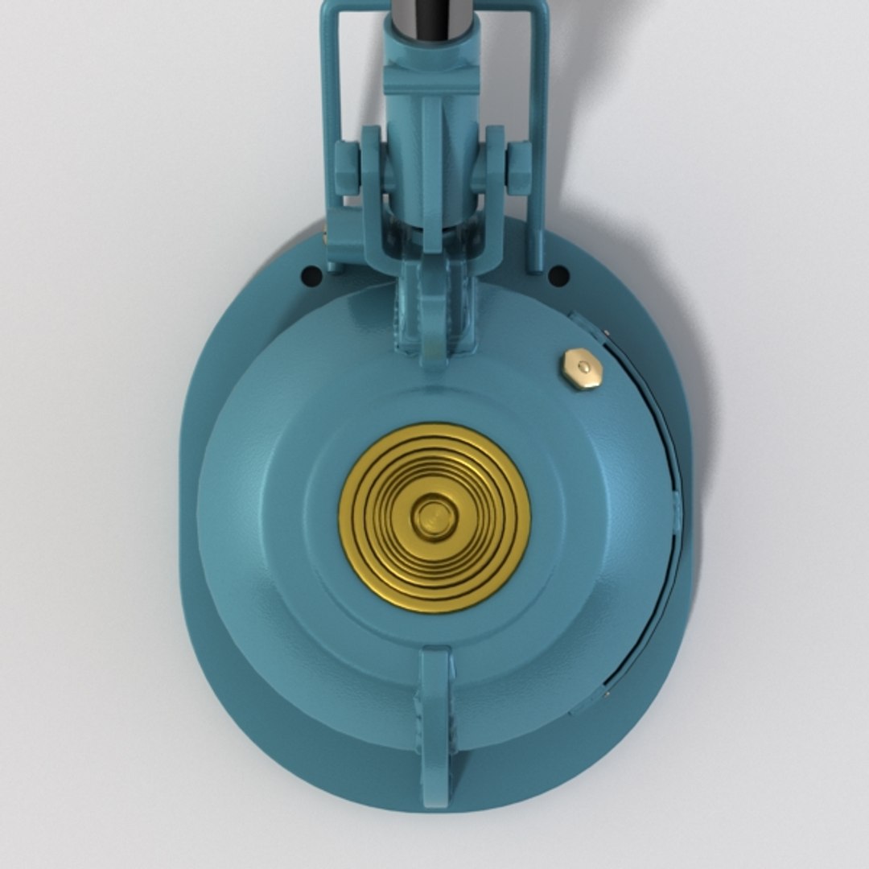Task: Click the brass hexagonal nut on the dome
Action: pyautogui.click(x=583, y=369)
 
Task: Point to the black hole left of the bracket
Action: pyautogui.click(x=311, y=276)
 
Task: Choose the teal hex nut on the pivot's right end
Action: pyautogui.click(x=519, y=169)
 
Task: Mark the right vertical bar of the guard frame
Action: pyautogui.click(x=537, y=121)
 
